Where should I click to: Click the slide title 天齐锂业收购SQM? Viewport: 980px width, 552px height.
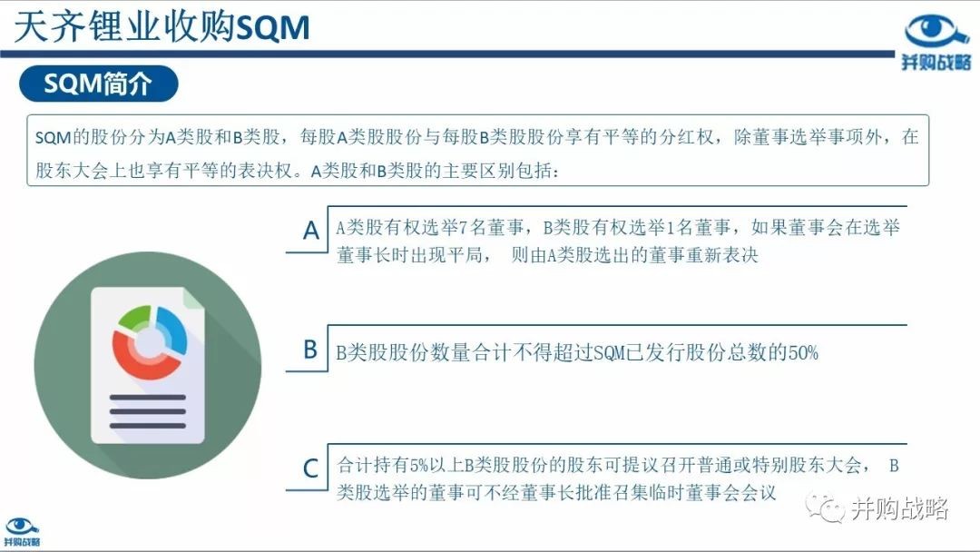(162, 27)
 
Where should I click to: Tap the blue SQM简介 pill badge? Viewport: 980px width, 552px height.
(99, 84)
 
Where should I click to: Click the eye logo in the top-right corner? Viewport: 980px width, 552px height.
(936, 33)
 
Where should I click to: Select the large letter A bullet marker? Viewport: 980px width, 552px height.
(310, 231)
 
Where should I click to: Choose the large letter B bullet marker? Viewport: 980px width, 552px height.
(310, 350)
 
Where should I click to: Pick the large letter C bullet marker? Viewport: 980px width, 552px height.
(310, 468)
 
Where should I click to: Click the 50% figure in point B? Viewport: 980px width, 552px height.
(803, 353)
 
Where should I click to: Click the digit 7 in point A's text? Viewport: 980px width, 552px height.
(463, 228)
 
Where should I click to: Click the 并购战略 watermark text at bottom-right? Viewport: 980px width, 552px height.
(899, 508)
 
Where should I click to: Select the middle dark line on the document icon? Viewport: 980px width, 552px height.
(148, 412)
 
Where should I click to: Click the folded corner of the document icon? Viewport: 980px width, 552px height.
(193, 299)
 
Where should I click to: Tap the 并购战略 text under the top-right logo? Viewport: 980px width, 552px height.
(936, 62)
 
